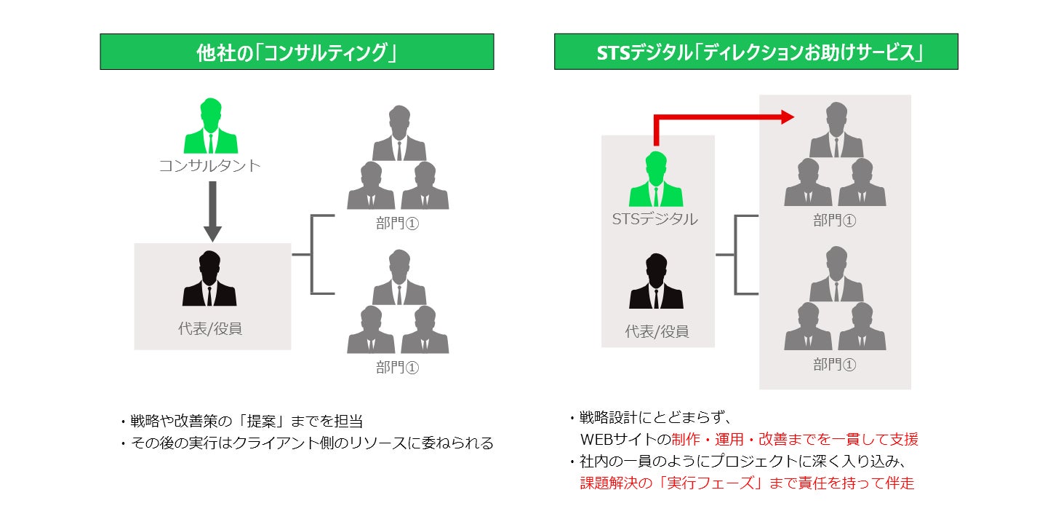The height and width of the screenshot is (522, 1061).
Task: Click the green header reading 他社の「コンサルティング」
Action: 297,52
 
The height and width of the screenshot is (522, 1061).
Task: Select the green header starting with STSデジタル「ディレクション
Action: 756,52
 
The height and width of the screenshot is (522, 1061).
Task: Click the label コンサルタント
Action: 209,166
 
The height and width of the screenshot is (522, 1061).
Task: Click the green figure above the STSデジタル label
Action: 656,181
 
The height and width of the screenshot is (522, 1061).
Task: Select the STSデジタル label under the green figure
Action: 655,218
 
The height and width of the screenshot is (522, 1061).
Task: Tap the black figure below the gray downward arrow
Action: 209,280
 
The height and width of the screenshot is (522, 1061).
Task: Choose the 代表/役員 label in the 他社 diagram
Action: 210,328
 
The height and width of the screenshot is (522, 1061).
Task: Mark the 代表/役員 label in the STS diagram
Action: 657,331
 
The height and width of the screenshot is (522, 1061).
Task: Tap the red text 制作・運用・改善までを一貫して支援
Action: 795,439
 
